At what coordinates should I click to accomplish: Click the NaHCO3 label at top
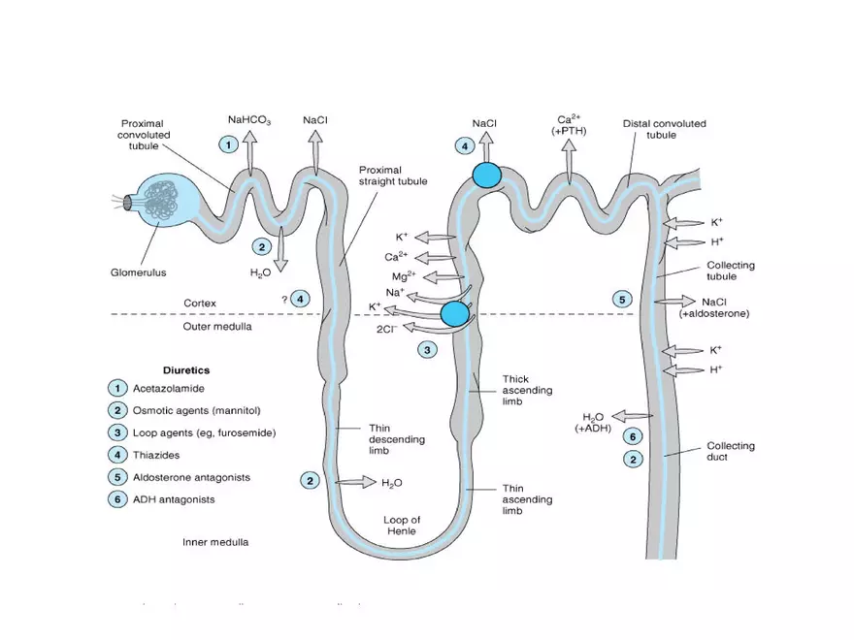point(249,121)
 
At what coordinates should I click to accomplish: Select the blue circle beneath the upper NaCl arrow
point(486,176)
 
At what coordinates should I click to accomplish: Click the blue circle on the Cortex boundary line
point(454,313)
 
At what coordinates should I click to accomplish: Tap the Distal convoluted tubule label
point(664,129)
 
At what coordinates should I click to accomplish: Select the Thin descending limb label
point(397,439)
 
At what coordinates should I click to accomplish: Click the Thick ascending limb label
point(528,390)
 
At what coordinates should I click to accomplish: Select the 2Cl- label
point(385,330)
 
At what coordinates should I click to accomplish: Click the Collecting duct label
point(731,451)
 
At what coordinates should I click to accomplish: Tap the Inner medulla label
point(215,542)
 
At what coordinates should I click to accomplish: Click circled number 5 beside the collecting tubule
point(623,300)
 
